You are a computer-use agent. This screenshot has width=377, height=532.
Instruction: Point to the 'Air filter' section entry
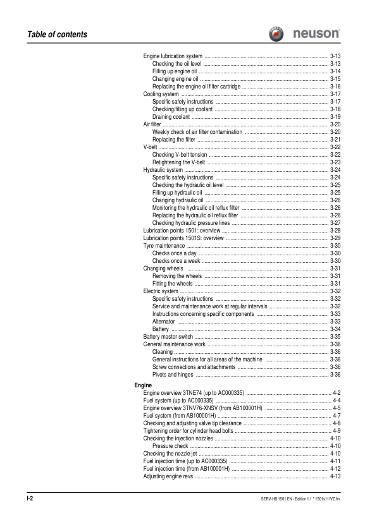(x=152, y=124)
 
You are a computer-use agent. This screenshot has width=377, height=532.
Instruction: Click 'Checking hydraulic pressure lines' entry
(x=192, y=223)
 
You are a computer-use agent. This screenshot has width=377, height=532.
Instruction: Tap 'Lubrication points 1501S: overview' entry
(x=183, y=238)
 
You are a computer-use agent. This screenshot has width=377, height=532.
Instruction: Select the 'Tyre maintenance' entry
(x=164, y=246)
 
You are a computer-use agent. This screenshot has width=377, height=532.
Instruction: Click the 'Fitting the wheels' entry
(x=173, y=284)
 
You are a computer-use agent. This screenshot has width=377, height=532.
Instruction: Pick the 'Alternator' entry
(x=163, y=322)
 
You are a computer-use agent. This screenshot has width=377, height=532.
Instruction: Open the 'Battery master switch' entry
(x=168, y=337)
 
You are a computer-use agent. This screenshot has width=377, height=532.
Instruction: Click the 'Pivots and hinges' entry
(x=173, y=375)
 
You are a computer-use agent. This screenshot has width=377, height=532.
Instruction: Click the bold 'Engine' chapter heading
(x=144, y=385)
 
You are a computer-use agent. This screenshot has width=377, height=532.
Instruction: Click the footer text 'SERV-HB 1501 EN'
(x=280, y=499)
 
